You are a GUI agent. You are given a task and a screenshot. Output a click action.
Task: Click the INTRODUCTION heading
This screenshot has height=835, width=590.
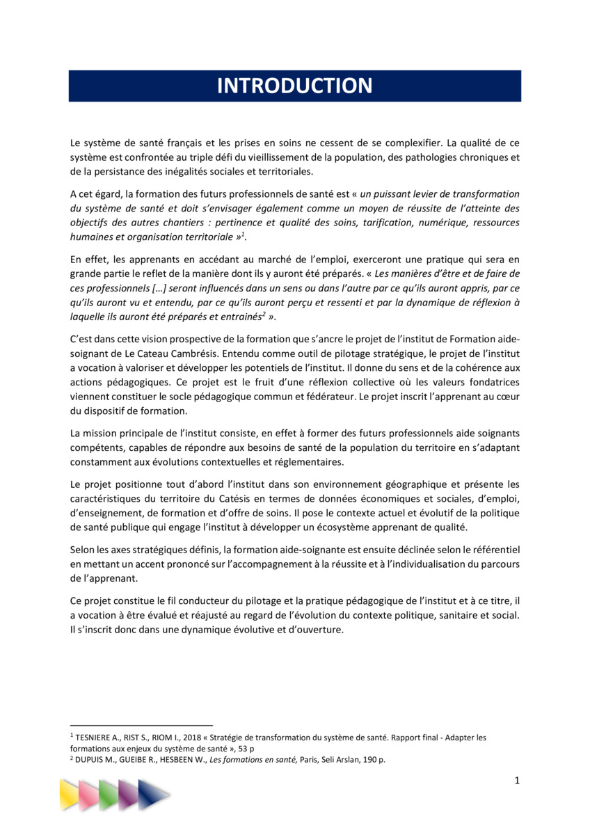pos(294,86)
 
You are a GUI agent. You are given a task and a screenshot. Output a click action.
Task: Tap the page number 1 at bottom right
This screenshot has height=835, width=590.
pos(517,780)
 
